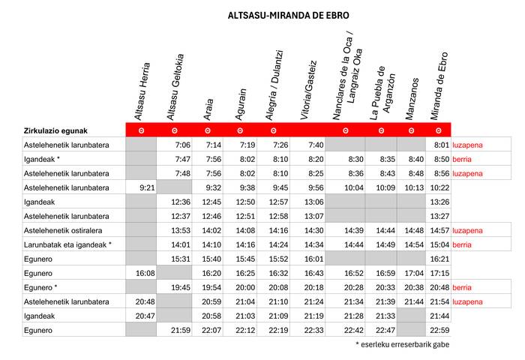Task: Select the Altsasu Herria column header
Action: pyautogui.click(x=143, y=91)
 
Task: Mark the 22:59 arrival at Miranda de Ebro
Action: pyautogui.click(x=439, y=330)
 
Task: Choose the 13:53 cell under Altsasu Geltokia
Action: pyautogui.click(x=181, y=230)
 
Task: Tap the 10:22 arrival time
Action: pyautogui.click(x=439, y=187)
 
